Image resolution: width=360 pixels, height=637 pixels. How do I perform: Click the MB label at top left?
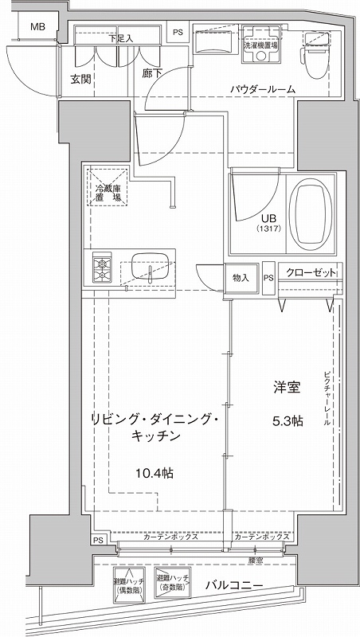(x=37, y=27)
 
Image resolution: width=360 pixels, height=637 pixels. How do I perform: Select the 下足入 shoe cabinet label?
(x=120, y=37)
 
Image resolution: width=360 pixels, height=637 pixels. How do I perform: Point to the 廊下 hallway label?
(x=152, y=72)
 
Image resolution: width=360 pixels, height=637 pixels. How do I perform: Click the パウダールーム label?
(x=264, y=90)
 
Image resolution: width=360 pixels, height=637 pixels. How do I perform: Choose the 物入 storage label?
(x=241, y=278)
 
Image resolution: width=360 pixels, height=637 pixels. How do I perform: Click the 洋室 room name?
(x=287, y=388)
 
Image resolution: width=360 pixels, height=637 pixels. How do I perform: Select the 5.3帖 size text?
(x=287, y=421)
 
